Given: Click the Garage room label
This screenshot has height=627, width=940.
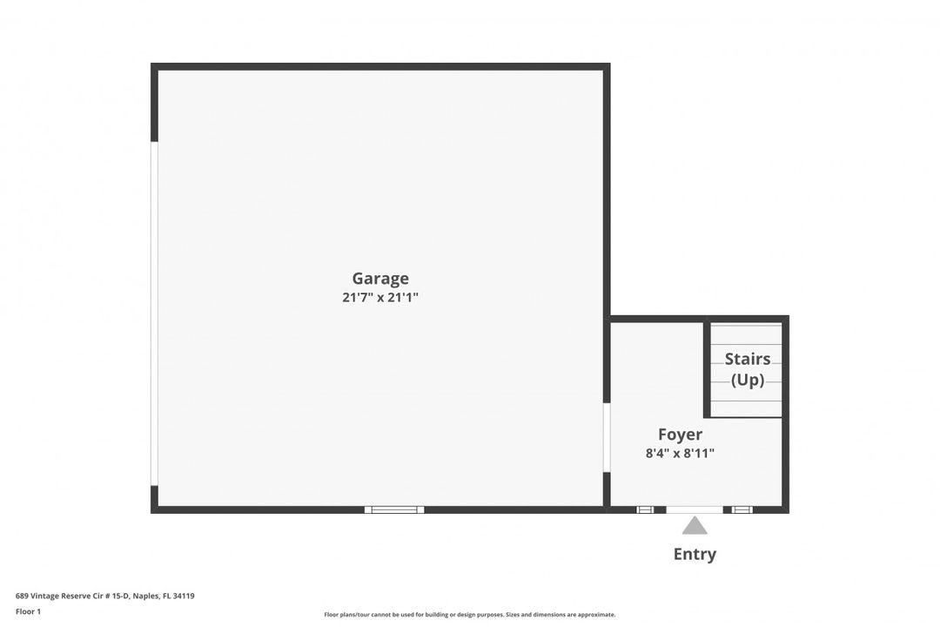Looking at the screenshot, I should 380,279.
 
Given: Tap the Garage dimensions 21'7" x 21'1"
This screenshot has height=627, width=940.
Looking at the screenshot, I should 380,298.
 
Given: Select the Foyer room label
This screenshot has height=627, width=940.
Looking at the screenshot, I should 680,435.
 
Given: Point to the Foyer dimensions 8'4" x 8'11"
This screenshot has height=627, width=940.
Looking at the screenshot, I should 680,453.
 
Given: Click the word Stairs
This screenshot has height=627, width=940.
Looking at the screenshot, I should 748,359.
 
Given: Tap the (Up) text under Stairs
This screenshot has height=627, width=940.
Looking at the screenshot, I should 748,380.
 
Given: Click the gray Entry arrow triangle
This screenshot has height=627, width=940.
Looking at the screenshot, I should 695,525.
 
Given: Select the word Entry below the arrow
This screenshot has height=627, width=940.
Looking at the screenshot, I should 695,554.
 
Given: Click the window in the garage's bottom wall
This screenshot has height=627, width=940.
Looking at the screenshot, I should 394,509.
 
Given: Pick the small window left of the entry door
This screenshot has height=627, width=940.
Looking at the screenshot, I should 645,509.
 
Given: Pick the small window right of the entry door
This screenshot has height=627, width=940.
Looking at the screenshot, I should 742,509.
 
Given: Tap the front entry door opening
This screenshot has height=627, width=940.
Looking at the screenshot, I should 695,509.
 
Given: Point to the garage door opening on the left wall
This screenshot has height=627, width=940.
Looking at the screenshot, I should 154,313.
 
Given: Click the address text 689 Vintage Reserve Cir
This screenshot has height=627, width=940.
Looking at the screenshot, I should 66,597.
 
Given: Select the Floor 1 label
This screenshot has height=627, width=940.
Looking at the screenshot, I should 28,611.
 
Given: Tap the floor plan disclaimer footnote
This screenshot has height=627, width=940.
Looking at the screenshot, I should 469,615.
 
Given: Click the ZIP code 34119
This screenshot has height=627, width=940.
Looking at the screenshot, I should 184,597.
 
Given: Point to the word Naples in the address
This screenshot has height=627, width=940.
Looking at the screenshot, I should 144,597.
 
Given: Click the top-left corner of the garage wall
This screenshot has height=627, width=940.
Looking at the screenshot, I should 155,67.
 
